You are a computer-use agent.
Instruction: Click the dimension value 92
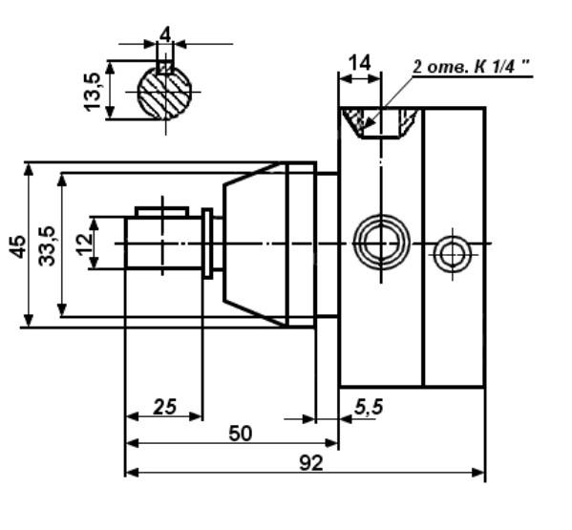point(311,463)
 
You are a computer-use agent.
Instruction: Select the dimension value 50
point(241,434)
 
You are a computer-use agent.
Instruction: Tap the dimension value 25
point(164,407)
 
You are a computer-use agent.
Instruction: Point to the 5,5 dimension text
point(369,407)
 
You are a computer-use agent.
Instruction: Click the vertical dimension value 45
point(18,246)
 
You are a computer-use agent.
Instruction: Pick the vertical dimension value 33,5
point(47,246)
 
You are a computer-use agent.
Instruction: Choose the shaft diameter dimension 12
point(85,244)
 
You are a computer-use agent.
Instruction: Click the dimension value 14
point(360,63)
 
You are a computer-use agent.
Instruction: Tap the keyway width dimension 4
point(165,35)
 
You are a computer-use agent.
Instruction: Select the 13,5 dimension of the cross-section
point(93,92)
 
